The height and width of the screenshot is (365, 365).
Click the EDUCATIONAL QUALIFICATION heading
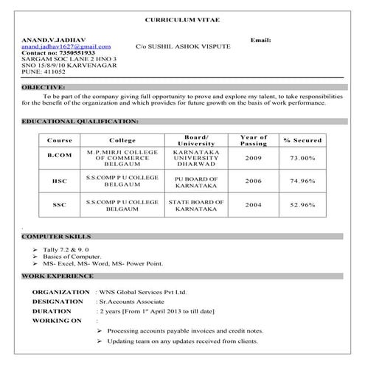pos(80,120)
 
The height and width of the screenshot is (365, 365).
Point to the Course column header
pos(59,139)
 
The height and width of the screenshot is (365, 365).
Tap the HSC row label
pos(59,181)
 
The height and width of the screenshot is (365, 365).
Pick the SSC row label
pos(59,204)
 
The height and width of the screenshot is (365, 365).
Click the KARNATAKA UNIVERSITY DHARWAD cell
pos(195,158)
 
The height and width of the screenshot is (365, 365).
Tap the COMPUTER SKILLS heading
pos(56,237)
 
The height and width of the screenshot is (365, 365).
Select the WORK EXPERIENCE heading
pos(57,276)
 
